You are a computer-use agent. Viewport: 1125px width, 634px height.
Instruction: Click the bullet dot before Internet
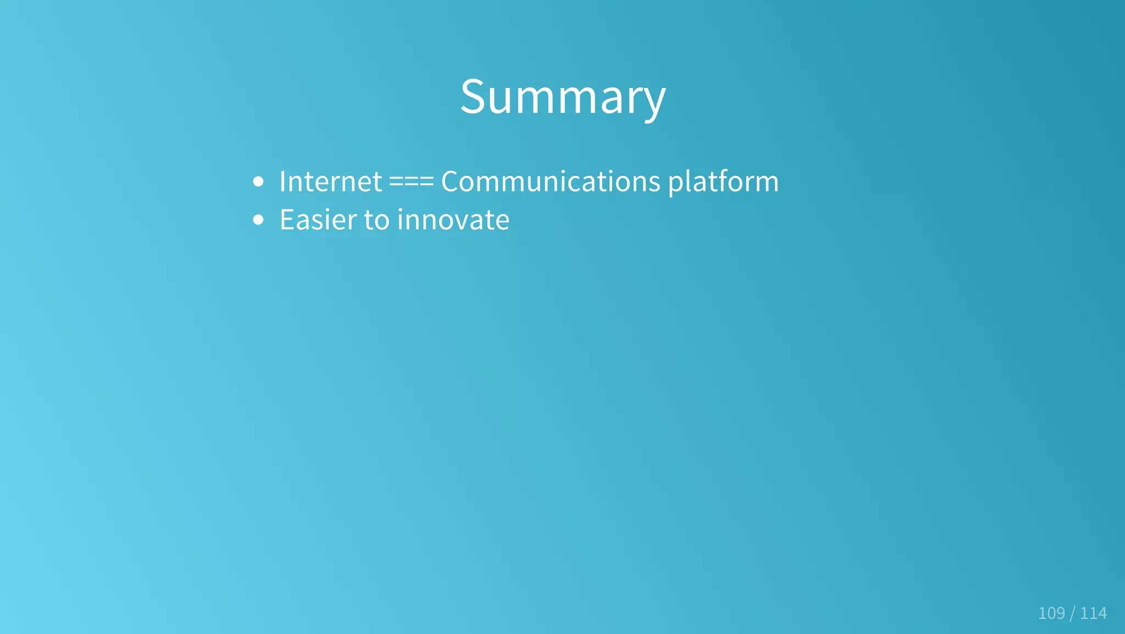point(258,182)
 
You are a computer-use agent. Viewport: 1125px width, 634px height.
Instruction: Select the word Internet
point(330,181)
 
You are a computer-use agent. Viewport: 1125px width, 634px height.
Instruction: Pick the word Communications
point(550,181)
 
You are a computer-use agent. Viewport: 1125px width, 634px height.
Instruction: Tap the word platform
point(723,183)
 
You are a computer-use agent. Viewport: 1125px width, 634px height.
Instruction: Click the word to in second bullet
point(377,220)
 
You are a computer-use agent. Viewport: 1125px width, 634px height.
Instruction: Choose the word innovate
point(453,220)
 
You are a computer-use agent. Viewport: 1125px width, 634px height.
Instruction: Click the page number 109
point(1051,613)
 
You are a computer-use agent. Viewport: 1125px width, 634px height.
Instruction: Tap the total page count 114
point(1093,613)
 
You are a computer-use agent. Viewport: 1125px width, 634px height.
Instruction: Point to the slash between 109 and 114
point(1072,613)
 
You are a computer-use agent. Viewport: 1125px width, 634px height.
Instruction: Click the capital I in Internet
point(282,181)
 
